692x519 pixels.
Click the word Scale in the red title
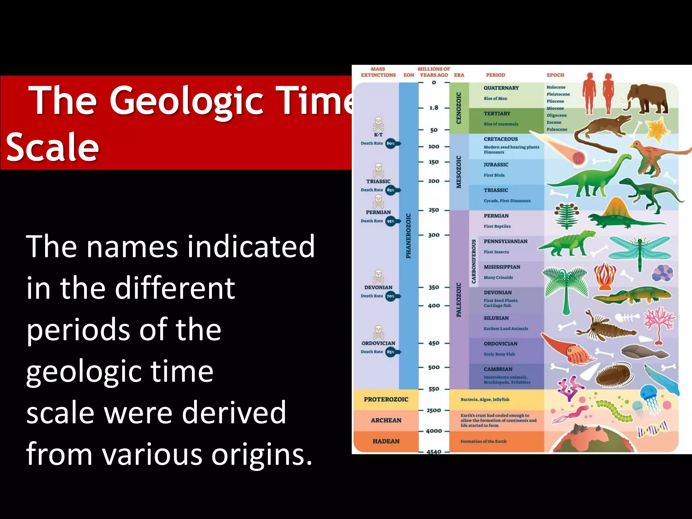coord(53,147)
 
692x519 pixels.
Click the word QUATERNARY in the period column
coord(501,88)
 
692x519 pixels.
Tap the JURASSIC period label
coord(496,165)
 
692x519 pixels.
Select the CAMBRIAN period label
coord(498,369)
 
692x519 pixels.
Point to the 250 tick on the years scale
coord(434,210)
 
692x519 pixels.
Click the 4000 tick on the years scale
coord(434,431)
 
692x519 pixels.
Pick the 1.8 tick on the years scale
coord(434,108)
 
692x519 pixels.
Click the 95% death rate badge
coord(391,221)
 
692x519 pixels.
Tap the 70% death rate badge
coord(391,296)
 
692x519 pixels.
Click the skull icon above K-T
coord(378,124)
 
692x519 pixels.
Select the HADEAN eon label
coord(386,441)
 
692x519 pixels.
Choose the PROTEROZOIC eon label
coord(386,399)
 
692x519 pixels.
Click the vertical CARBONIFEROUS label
coord(474,262)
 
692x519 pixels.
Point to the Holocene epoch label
coord(556,87)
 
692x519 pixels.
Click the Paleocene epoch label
coord(557,129)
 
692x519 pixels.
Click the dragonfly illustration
coord(639,250)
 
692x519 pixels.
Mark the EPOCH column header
coord(555,75)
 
